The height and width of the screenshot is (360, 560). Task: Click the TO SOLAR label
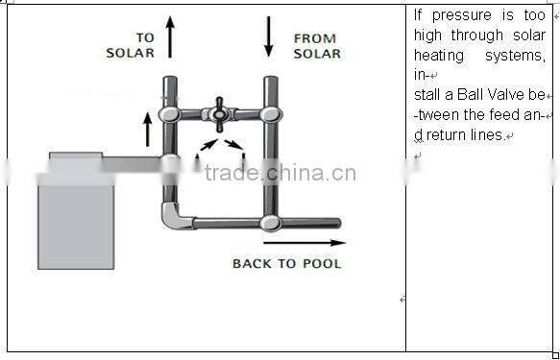130,45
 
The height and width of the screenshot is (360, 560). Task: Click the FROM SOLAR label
316,45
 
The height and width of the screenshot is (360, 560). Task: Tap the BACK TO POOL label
286,263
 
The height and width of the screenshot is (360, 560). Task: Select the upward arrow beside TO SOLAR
171,36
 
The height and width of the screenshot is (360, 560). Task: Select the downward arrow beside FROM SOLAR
267,36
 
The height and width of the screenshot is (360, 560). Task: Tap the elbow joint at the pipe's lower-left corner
174,215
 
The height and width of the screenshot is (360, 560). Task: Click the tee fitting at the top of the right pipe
270,113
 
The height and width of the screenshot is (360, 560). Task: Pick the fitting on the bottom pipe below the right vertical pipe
270,224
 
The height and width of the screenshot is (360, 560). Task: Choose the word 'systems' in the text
519,56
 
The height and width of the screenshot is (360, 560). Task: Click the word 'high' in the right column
429,36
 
